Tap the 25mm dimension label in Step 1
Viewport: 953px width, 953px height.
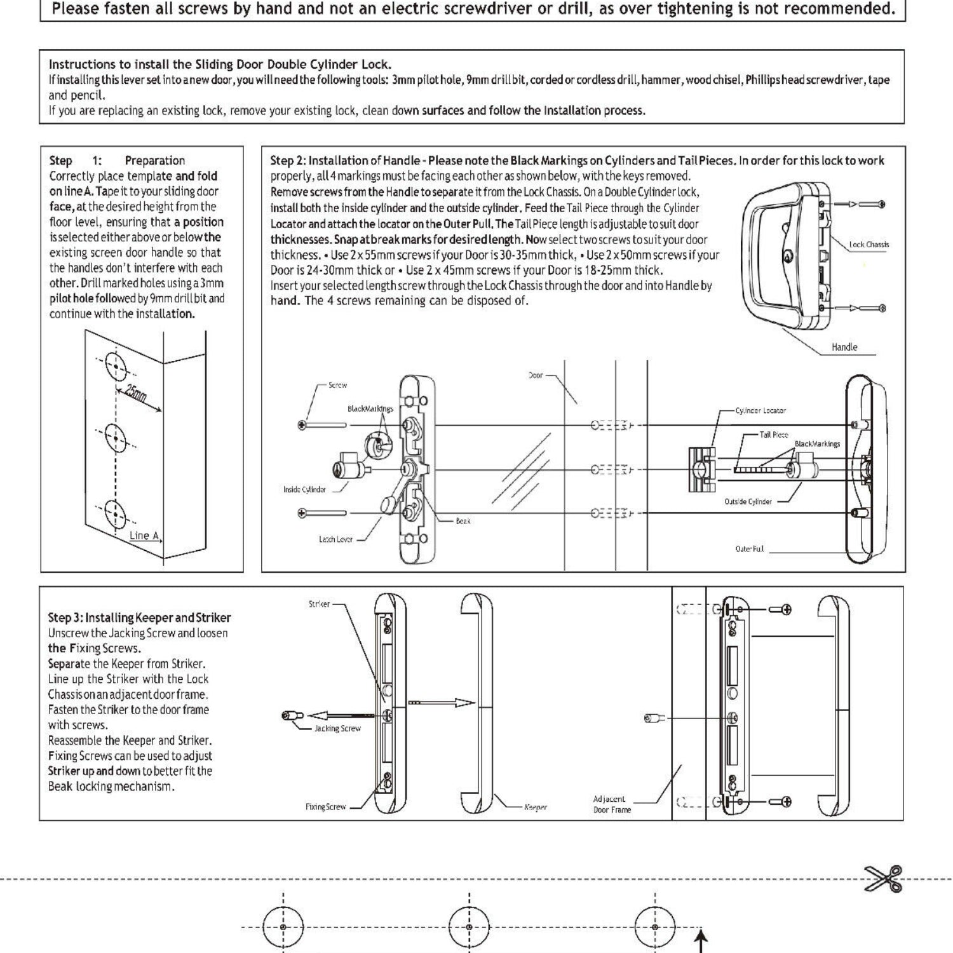[135, 395]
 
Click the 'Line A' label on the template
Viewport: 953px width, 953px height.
[144, 536]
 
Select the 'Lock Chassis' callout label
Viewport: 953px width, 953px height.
[869, 245]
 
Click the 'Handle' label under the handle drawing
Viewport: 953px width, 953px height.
[844, 347]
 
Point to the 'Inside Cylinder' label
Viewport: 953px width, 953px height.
[304, 489]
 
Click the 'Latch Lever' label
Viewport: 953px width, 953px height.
[335, 539]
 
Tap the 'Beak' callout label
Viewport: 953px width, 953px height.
[463, 521]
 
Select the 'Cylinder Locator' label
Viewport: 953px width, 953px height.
[760, 410]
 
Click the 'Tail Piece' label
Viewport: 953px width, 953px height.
[773, 435]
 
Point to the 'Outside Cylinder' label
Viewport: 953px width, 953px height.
[748, 502]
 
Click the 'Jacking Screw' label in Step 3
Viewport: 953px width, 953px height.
[337, 729]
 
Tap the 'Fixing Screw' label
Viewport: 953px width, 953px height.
[325, 807]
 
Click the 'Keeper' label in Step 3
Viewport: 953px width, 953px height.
[535, 807]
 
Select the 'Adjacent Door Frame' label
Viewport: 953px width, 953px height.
[611, 804]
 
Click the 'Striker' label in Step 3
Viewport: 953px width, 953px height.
[319, 604]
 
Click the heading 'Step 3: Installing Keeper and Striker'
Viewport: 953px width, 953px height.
[139, 618]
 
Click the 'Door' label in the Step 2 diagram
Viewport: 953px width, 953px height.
[536, 375]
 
